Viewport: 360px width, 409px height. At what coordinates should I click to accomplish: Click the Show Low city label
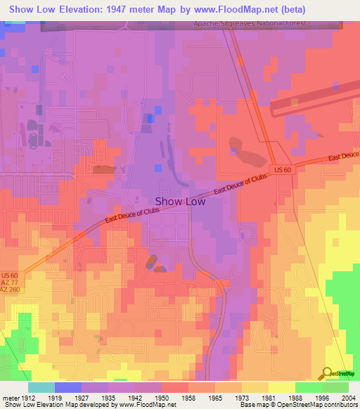pyautogui.click(x=180, y=201)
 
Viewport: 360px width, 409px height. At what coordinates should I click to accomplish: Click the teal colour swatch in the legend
pyautogui.click(x=41, y=387)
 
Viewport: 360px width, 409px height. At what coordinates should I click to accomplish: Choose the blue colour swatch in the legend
pyautogui.click(x=68, y=387)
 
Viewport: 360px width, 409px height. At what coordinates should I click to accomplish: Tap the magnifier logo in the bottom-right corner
pyautogui.click(x=327, y=373)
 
